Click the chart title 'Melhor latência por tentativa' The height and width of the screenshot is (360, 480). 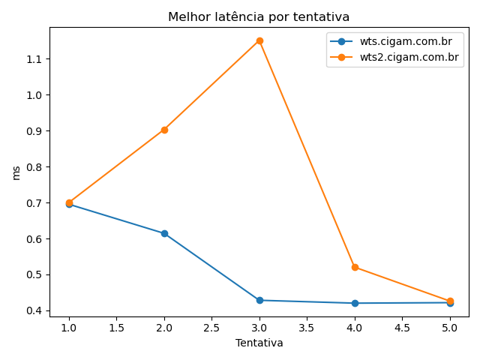click(x=259, y=16)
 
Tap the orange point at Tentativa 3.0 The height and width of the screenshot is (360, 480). click(x=259, y=40)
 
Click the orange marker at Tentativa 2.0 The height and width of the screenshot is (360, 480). click(x=164, y=130)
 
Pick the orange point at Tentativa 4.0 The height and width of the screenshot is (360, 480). click(x=355, y=267)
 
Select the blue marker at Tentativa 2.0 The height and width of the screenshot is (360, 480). click(x=164, y=233)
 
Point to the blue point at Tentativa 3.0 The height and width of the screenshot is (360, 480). click(x=259, y=300)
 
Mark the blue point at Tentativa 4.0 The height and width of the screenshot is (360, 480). click(x=355, y=303)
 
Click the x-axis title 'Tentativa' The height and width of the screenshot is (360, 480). click(x=259, y=343)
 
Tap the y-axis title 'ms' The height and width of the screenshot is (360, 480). click(x=16, y=172)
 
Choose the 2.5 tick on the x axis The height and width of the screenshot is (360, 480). click(x=211, y=328)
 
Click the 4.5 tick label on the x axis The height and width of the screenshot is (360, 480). click(x=402, y=328)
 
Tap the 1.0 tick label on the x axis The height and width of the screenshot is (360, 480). click(x=69, y=328)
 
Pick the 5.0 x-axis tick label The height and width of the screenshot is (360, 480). click(x=450, y=328)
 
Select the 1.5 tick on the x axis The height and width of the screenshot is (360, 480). click(x=116, y=328)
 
